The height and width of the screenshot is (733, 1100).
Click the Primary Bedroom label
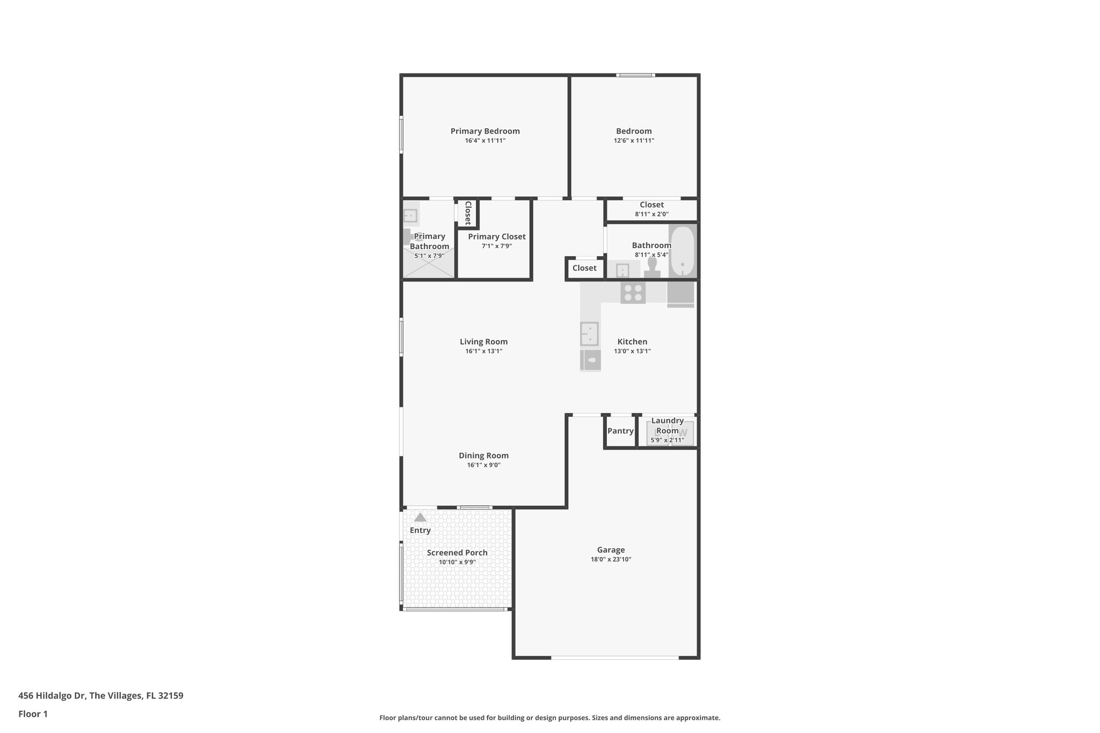tap(485, 131)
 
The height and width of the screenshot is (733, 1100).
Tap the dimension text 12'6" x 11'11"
tap(634, 141)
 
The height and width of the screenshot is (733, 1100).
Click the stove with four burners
tap(633, 293)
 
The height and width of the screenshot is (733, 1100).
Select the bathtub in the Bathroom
tap(682, 251)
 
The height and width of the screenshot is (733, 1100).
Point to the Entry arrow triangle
tap(420, 518)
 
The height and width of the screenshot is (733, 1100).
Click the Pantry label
tap(620, 431)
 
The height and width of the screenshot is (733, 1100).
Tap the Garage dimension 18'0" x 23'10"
tap(611, 560)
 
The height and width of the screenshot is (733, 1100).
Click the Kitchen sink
tap(589, 333)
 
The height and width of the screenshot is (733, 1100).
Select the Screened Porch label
tap(457, 553)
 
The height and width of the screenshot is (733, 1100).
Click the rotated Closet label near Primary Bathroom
tap(468, 213)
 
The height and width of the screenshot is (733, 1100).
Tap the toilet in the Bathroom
tap(652, 267)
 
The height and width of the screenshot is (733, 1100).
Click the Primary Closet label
tap(497, 237)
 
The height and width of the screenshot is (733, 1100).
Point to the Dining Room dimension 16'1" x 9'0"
tap(483, 465)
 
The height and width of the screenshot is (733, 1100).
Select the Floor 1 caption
tap(33, 714)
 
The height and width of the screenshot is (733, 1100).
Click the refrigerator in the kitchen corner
tap(681, 294)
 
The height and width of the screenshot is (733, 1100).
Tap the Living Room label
tap(483, 342)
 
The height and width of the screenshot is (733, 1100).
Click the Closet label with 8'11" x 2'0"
tap(652, 205)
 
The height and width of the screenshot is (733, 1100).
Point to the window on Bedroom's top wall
tap(635, 75)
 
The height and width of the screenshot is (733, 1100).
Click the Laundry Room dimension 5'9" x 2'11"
tap(667, 440)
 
